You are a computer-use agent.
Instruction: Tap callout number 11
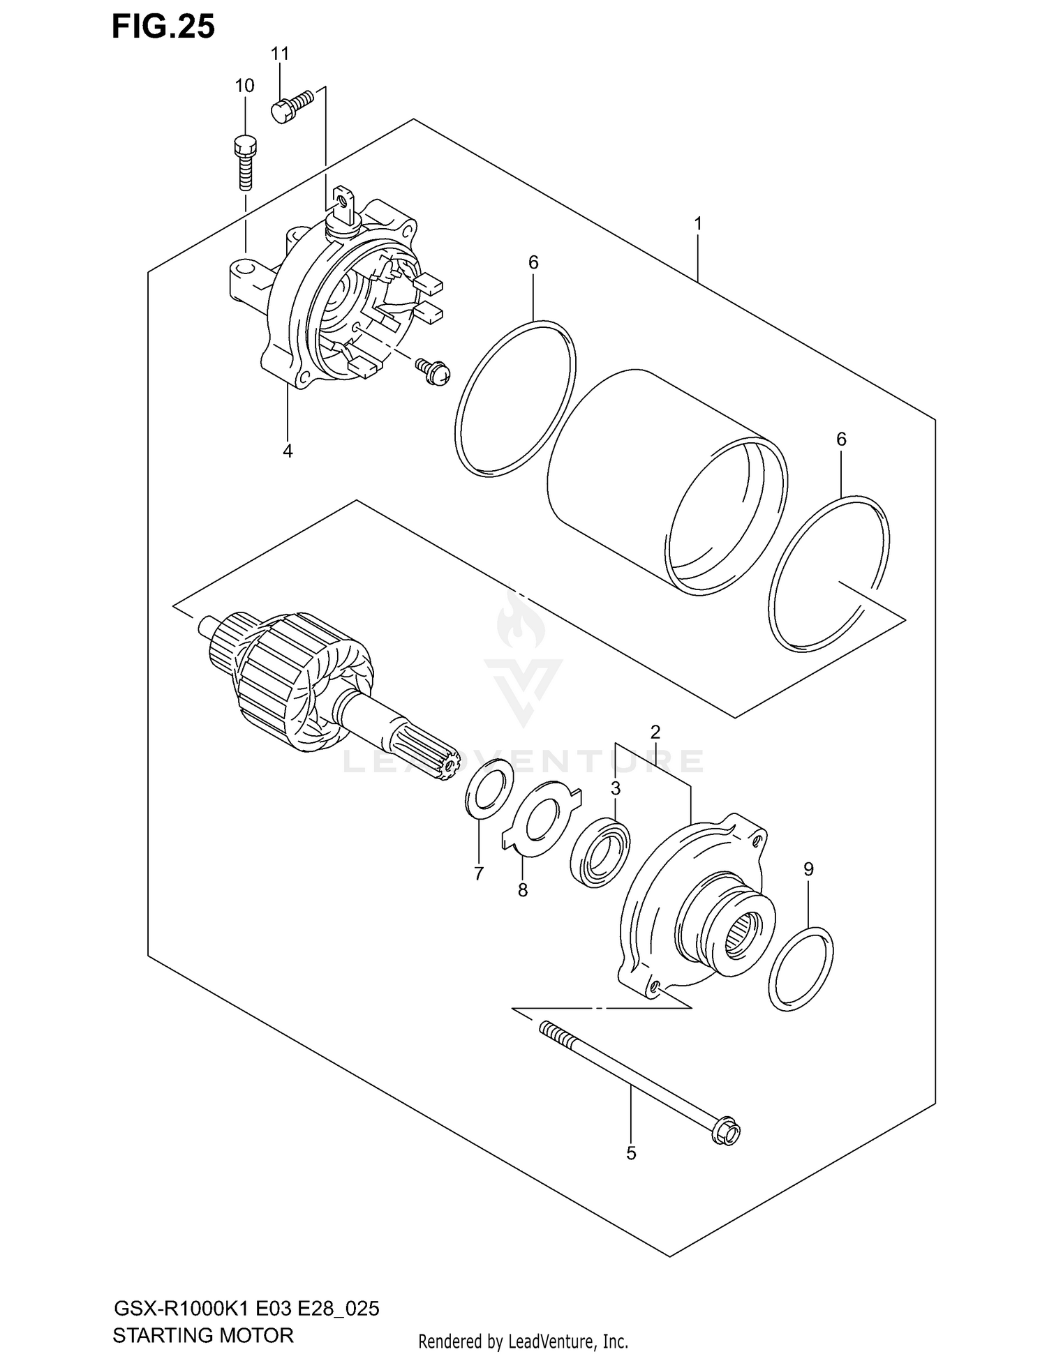pyautogui.click(x=280, y=54)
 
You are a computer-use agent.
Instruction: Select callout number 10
pyautogui.click(x=244, y=86)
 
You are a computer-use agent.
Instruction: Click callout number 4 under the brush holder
pyautogui.click(x=288, y=451)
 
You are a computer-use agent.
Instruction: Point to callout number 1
pyautogui.click(x=697, y=224)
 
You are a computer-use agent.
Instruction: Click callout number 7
pyautogui.click(x=478, y=873)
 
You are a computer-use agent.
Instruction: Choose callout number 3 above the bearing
pyautogui.click(x=615, y=788)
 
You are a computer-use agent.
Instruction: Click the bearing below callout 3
pyautogui.click(x=600, y=852)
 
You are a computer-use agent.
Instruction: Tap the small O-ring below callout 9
pyautogui.click(x=800, y=969)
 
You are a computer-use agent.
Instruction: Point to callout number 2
pyautogui.click(x=655, y=732)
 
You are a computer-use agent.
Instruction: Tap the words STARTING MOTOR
pyautogui.click(x=203, y=1335)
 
